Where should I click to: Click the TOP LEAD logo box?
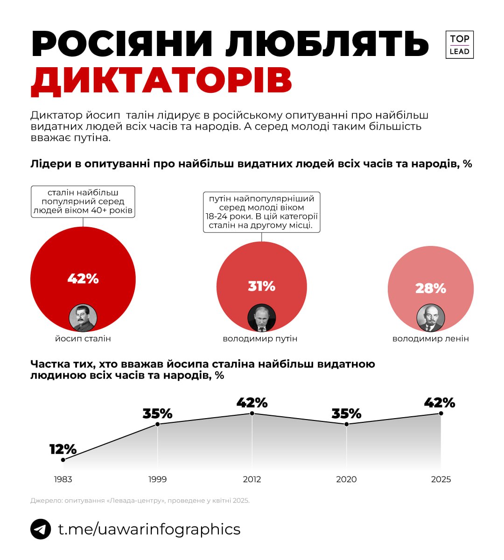[459, 45]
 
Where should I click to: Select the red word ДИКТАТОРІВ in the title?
[161, 81]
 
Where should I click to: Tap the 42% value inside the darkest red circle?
[83, 279]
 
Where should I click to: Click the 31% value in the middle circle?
[261, 286]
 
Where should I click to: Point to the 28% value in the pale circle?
[430, 288]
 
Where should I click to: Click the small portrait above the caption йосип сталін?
[83, 318]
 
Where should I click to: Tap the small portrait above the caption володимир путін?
[261, 318]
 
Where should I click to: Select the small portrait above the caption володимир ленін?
[430, 318]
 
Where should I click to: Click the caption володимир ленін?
[430, 339]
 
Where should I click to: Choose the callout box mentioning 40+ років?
[83, 202]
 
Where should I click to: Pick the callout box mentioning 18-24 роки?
[261, 212]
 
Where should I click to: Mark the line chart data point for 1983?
[63, 460]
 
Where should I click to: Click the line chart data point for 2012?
[252, 414]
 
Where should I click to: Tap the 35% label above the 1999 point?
[157, 413]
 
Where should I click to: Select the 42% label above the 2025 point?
[439, 402]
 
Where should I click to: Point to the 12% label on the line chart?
[63, 449]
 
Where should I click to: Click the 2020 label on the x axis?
[346, 479]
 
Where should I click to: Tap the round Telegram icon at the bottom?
[41, 529]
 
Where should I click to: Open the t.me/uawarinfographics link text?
[149, 529]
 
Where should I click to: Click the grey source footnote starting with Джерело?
[140, 501]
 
